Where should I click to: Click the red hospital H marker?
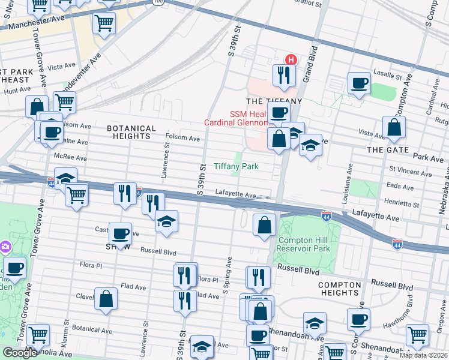[291, 60]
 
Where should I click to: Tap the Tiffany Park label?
[237, 166]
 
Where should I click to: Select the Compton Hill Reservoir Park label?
[304, 244]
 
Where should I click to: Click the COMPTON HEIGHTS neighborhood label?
[340, 289]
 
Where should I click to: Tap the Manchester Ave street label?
[27, 26]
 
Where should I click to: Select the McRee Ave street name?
[70, 158]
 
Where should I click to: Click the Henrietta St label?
[402, 204]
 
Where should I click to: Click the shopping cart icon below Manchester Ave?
[104, 23]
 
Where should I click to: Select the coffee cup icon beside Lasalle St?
[359, 83]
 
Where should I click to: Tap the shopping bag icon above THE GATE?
[395, 127]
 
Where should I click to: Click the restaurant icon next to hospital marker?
[283, 75]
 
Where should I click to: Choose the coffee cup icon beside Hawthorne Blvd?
[359, 319]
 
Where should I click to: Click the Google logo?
[20, 353]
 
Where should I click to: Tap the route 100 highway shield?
[158, 2]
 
